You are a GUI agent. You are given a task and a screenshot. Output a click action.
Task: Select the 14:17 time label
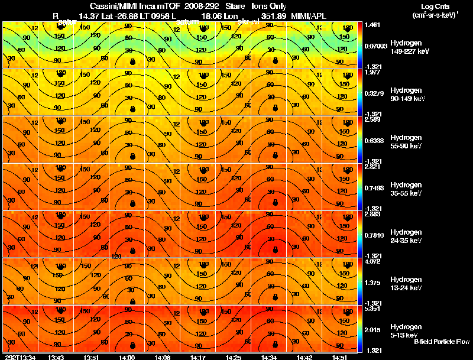[199, 357]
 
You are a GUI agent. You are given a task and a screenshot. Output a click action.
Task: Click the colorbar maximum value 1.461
[372, 25]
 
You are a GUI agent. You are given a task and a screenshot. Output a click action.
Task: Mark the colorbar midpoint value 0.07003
[375, 46]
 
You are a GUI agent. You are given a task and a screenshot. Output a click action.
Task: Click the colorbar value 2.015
[372, 329]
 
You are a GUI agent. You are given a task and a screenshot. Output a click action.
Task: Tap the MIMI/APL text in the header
[307, 16]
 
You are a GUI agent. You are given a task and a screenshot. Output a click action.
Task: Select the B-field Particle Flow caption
[441, 342]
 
